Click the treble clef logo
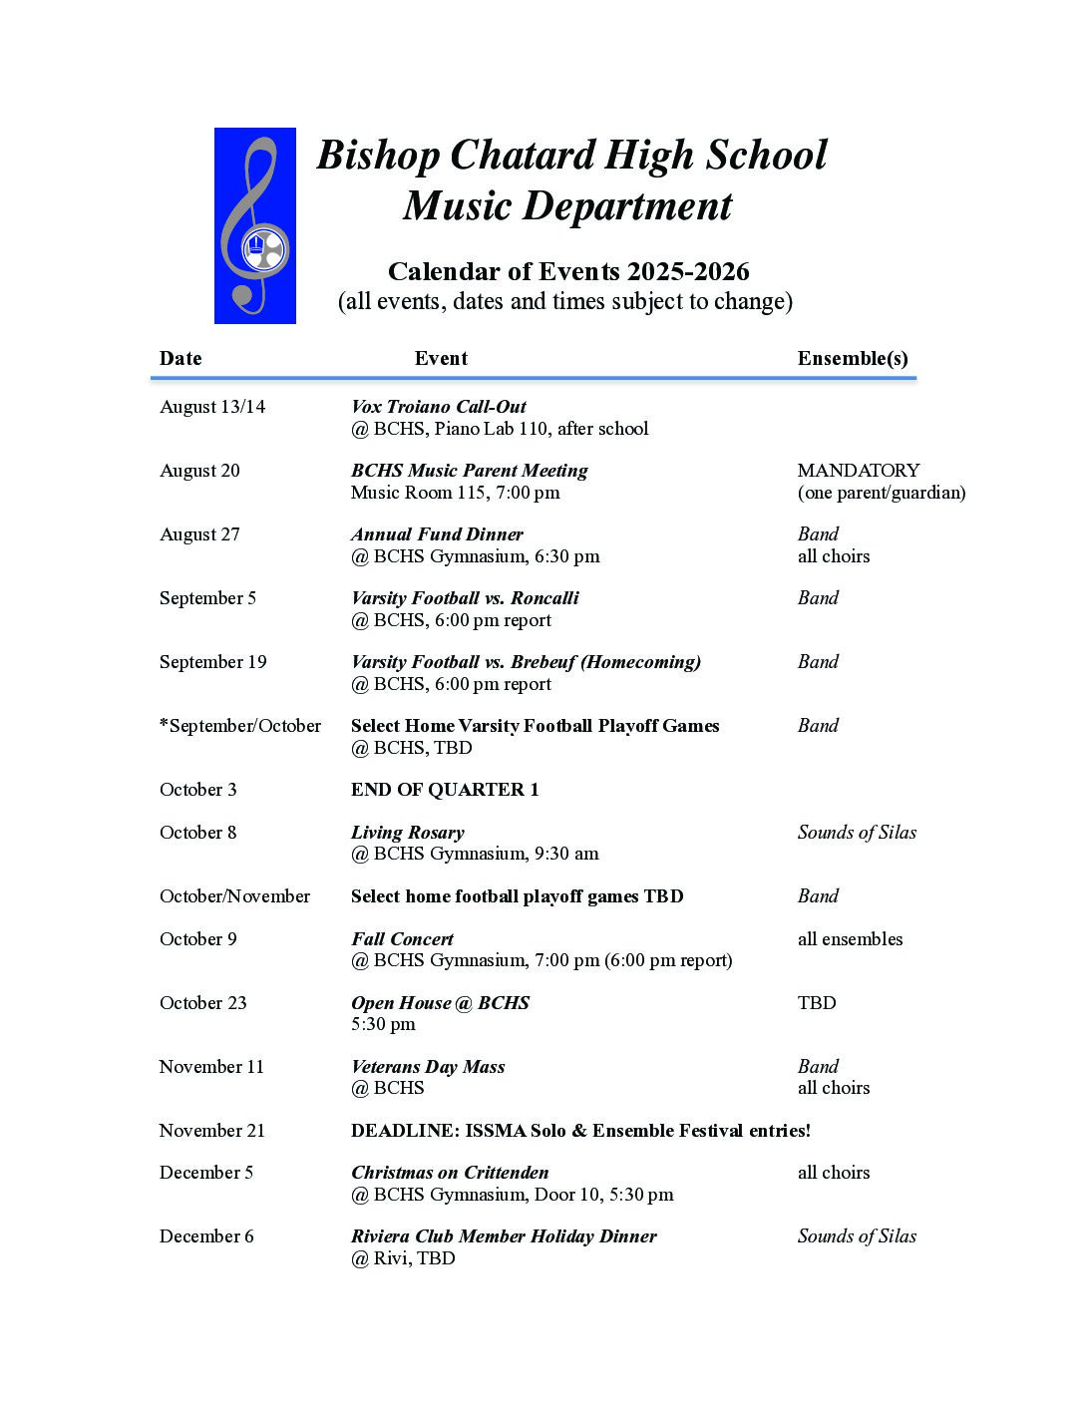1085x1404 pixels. [254, 225]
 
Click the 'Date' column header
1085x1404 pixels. [181, 359]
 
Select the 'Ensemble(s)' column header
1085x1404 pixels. [853, 359]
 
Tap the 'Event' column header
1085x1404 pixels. [441, 359]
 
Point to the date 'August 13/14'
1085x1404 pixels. [212, 407]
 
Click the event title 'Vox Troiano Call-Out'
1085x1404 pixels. [438, 407]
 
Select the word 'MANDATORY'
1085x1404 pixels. [859, 471]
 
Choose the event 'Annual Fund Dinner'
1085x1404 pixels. [437, 534]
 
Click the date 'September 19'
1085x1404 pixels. [212, 662]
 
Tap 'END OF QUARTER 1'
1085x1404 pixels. [445, 790]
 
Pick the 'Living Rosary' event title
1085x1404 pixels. [407, 833]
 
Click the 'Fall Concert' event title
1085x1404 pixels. [402, 939]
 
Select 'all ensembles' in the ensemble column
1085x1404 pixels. [850, 939]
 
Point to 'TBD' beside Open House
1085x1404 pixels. [817, 1003]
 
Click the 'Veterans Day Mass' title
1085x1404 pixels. [428, 1067]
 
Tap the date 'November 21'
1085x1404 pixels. [211, 1131]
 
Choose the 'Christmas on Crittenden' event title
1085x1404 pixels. [450, 1173]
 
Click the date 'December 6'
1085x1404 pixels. [206, 1236]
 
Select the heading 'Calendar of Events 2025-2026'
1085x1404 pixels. [568, 271]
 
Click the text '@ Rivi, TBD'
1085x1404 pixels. [403, 1258]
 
